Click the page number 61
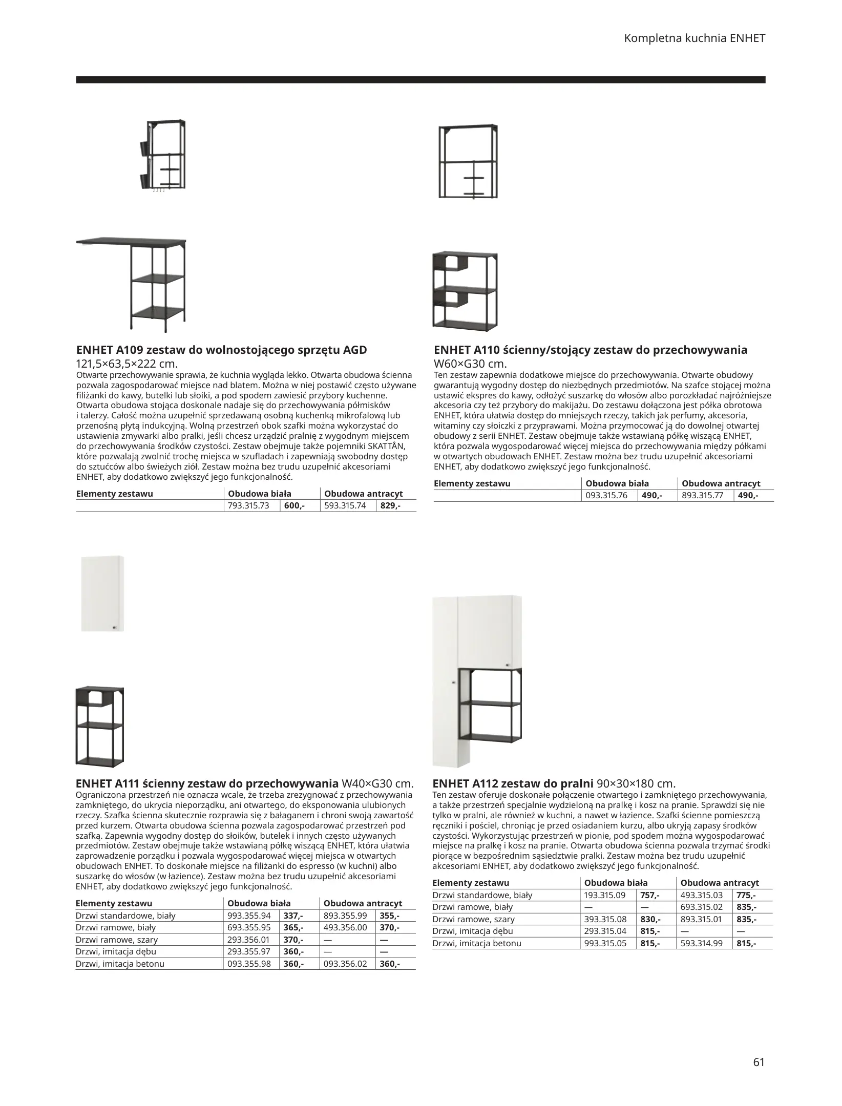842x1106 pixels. point(759,1048)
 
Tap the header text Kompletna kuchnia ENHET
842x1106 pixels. point(694,38)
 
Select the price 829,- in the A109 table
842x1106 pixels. point(391,506)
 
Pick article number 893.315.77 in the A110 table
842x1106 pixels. point(703,495)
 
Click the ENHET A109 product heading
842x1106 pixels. point(221,350)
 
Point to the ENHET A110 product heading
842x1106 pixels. point(590,350)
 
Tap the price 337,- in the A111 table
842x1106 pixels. point(293,916)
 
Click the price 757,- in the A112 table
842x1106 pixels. point(650,895)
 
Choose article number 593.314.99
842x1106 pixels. point(702,943)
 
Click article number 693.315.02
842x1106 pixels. point(702,907)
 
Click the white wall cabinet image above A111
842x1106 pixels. point(102,593)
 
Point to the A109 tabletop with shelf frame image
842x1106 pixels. point(132,284)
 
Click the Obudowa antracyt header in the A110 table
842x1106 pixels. point(721,483)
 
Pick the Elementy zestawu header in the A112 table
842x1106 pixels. point(471,883)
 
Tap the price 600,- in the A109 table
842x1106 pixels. point(294,506)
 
